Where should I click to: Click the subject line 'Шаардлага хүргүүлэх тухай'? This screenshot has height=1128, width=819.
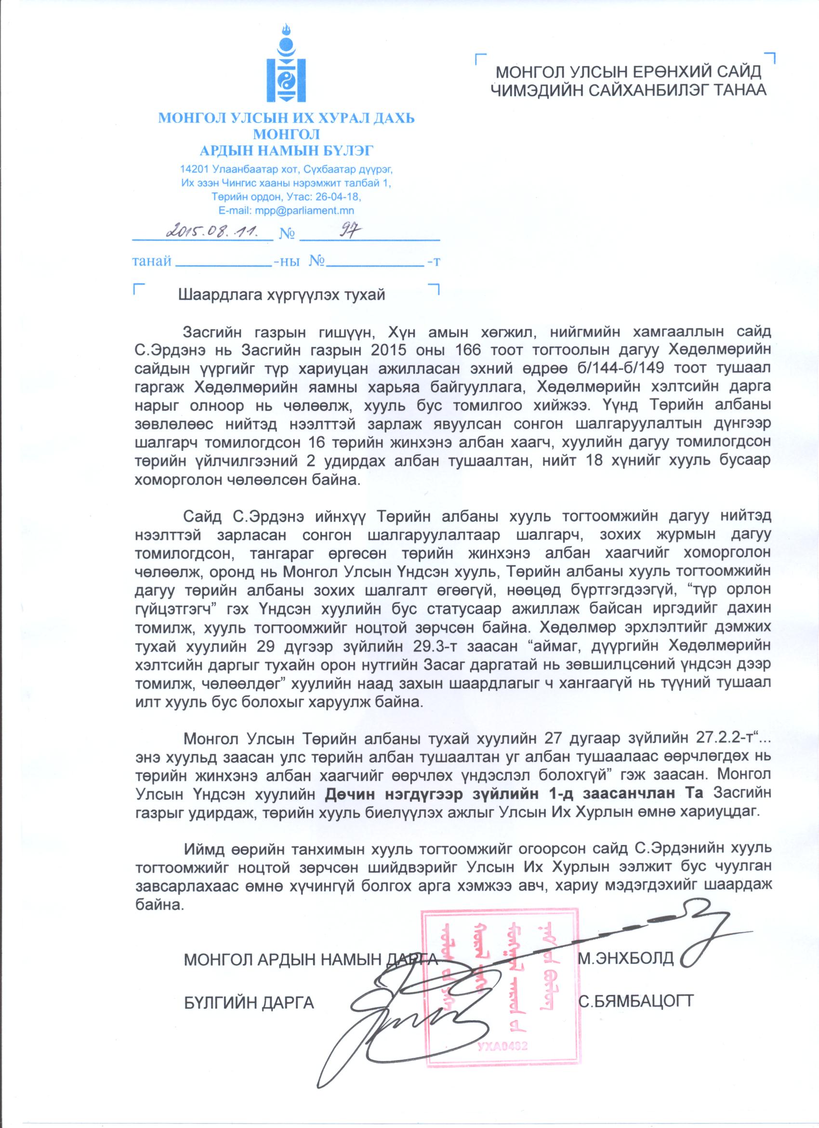[281, 295]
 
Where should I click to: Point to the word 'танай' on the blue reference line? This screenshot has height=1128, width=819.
[152, 261]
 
